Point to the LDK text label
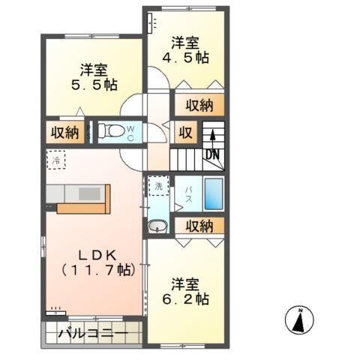[94, 253]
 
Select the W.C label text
[130, 133]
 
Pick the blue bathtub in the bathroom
[214, 195]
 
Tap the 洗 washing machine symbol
[157, 184]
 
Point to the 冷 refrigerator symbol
[55, 160]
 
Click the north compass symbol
[299, 321]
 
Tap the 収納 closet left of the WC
[64, 133]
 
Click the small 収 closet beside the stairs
[184, 134]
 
